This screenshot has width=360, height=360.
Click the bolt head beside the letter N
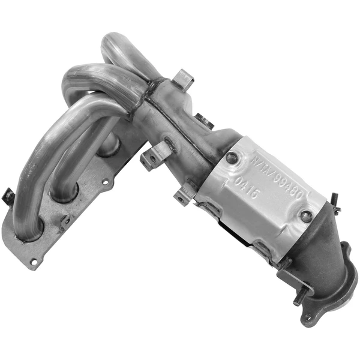(232, 158)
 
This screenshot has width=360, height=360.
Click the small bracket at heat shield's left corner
(184, 195)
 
